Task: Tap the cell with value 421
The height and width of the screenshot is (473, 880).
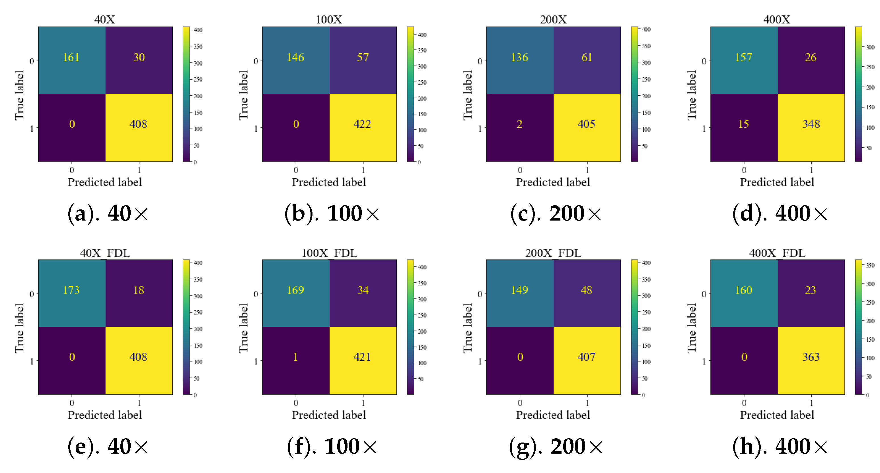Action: coord(363,357)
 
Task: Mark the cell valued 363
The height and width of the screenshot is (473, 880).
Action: coord(811,357)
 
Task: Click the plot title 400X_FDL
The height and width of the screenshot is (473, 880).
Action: coord(777,253)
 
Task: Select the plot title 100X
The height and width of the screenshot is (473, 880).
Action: coord(329,19)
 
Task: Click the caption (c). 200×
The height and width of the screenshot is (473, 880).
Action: coord(556,213)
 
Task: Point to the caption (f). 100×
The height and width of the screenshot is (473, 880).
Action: coord(332,446)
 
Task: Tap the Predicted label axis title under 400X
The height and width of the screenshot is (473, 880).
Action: coord(777,182)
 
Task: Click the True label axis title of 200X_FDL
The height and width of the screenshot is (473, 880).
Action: coord(467,328)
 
